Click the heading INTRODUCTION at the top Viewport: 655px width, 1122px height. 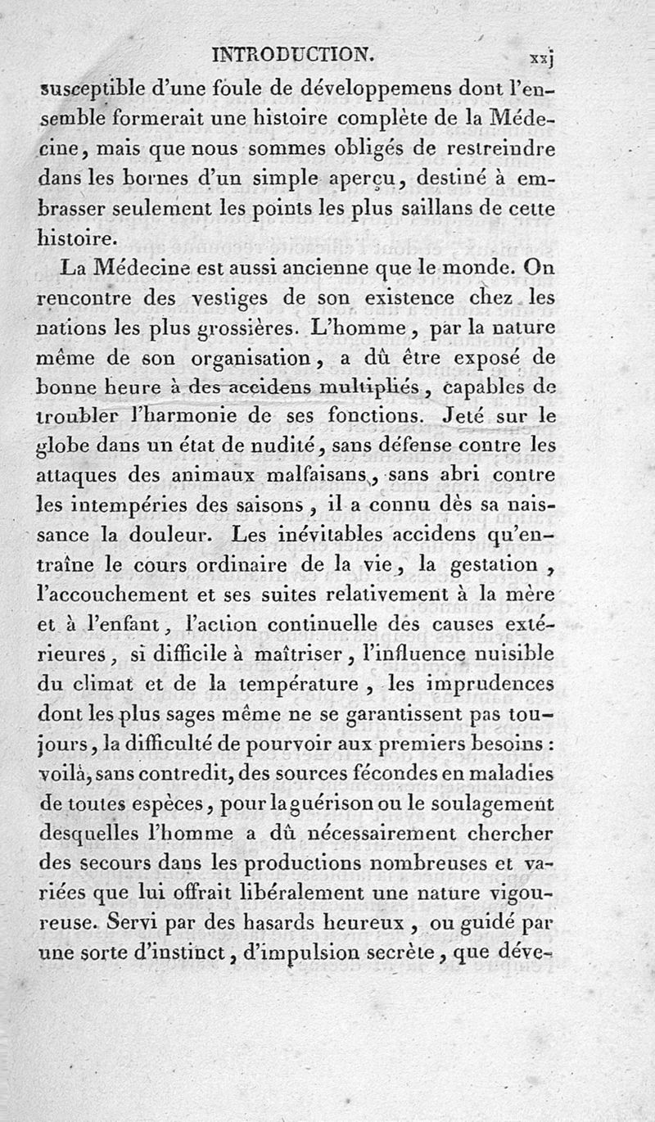point(293,55)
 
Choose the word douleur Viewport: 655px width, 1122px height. point(186,535)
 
